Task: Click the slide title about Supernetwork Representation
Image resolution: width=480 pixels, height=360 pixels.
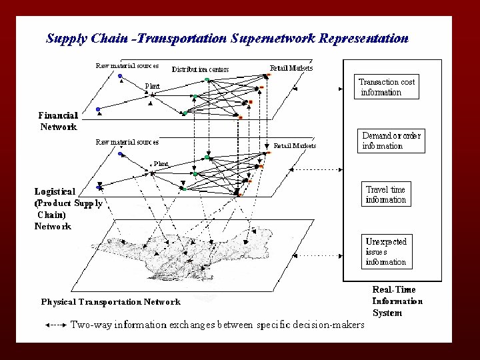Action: click(227, 38)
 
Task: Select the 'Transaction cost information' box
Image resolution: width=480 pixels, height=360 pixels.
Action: click(387, 87)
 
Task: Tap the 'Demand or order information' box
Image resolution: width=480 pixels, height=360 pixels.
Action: click(391, 141)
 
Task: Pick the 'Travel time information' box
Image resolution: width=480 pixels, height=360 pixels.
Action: click(385, 194)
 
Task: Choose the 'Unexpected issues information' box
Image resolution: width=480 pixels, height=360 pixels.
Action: click(385, 251)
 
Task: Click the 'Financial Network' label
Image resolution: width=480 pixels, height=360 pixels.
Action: click(57, 121)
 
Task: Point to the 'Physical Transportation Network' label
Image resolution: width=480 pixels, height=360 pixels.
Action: click(111, 302)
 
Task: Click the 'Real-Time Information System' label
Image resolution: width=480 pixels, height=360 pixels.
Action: click(397, 301)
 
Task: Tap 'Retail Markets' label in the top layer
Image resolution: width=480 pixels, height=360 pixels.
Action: click(291, 68)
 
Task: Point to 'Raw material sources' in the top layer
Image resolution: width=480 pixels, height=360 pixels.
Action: click(127, 65)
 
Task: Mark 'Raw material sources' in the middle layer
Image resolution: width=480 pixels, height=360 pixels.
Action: click(127, 142)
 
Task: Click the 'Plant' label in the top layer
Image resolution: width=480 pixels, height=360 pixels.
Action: click(153, 85)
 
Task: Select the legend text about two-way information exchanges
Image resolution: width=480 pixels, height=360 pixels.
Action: click(217, 325)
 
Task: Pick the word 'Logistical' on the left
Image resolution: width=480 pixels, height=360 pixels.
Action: click(55, 191)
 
